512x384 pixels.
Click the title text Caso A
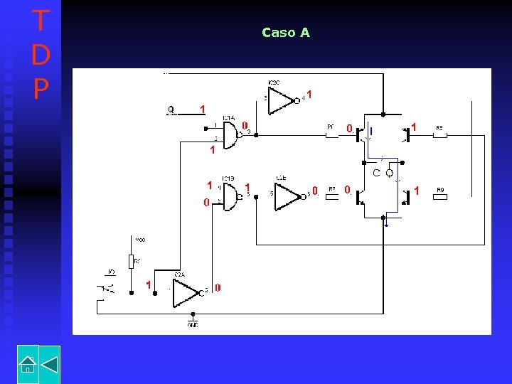[x=285, y=33]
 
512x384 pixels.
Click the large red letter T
[x=41, y=21]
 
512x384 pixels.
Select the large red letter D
[x=41, y=55]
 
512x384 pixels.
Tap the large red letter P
[x=41, y=88]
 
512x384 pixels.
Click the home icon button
[x=27, y=364]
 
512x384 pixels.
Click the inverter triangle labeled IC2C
[x=282, y=100]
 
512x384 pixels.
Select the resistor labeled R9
[x=439, y=196]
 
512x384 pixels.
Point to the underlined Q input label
[x=171, y=110]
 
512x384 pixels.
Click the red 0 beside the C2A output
[x=218, y=288]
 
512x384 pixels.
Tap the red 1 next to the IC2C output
[x=309, y=94]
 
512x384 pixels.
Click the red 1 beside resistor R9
[x=417, y=191]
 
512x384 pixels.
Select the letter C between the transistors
[x=377, y=173]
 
